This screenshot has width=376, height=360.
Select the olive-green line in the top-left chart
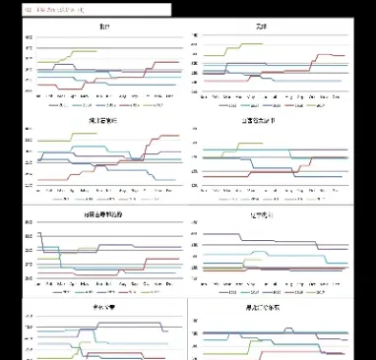click(x=79, y=51)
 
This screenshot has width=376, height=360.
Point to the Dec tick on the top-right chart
click(x=339, y=96)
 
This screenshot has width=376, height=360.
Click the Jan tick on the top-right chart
click(x=203, y=96)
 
